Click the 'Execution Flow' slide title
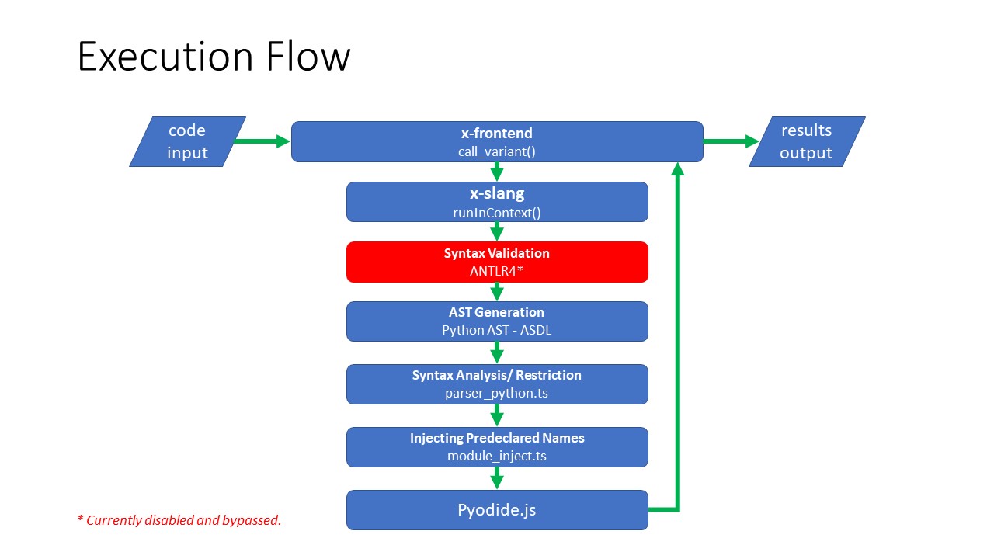[214, 57]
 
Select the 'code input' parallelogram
[187, 141]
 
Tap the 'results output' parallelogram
[806, 141]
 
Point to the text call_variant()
[496, 151]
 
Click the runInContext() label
[496, 212]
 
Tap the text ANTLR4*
[496, 272]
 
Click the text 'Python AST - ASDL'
[496, 330]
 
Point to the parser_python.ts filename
[496, 393]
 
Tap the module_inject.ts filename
[496, 456]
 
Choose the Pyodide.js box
[496, 510]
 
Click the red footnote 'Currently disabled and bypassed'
[179, 520]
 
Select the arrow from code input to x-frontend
[262, 141]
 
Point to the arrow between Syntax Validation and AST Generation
[497, 292]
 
